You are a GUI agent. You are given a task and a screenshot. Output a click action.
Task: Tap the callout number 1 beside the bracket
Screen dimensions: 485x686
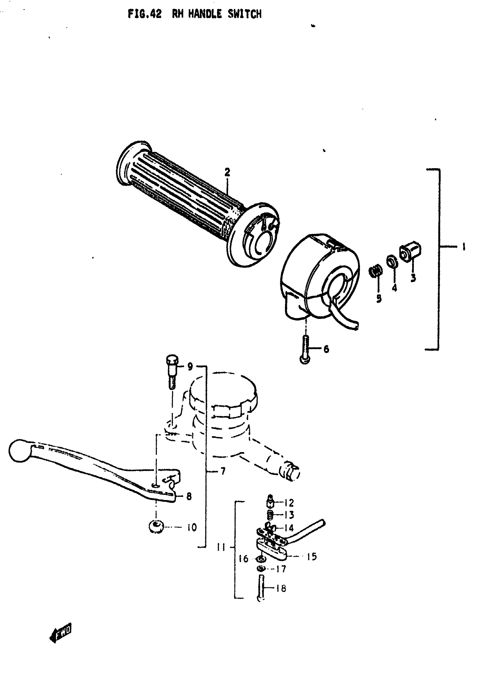click(464, 247)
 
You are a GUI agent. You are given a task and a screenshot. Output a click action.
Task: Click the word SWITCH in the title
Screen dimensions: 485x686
click(244, 14)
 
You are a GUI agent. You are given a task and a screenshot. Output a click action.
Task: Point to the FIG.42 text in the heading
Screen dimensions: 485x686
click(145, 14)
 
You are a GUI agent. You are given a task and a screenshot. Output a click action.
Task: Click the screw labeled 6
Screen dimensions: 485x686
click(305, 350)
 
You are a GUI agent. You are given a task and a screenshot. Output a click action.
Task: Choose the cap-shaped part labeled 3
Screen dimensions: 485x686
click(410, 251)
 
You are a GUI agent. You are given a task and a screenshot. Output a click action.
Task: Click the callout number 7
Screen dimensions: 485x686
click(223, 472)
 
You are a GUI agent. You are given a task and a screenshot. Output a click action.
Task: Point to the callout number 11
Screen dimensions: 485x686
click(221, 547)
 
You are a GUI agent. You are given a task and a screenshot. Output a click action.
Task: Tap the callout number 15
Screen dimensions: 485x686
click(312, 557)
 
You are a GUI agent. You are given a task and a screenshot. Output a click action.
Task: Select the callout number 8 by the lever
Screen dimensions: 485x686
click(189, 496)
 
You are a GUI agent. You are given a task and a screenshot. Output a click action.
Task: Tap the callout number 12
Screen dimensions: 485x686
click(289, 503)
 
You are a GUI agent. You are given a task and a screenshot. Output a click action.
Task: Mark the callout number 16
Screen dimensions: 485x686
click(244, 559)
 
